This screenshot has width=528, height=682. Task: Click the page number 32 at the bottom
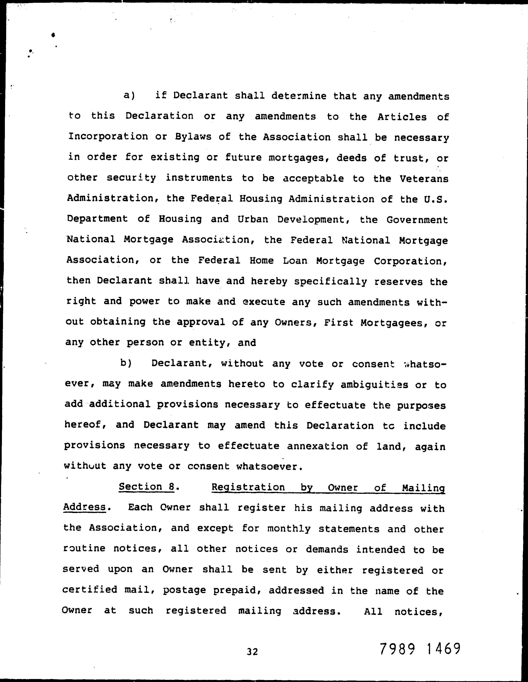[x=252, y=651]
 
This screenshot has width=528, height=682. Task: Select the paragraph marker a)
[x=129, y=95]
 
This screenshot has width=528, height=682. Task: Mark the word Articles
[x=402, y=117]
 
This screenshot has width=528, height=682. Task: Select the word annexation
[x=317, y=446]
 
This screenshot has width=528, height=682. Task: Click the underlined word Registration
[x=248, y=487]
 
